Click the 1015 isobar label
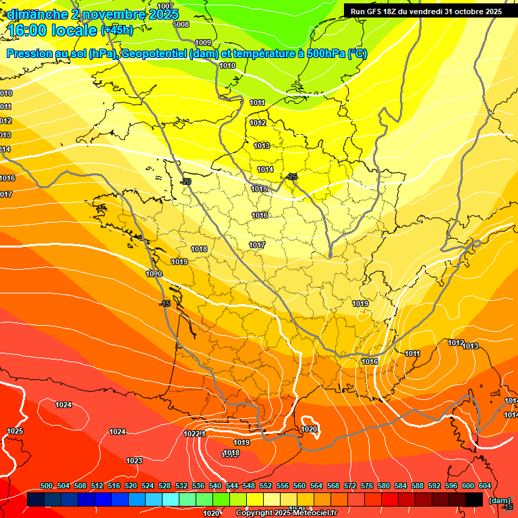259,190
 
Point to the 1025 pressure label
15,431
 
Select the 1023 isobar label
134,461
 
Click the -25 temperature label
291,177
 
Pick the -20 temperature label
185,181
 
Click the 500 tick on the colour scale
47,486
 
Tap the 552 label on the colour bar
266,486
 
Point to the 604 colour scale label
485,486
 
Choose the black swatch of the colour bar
474,499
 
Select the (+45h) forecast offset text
117,30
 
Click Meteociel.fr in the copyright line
309,513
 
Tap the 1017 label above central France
257,245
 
